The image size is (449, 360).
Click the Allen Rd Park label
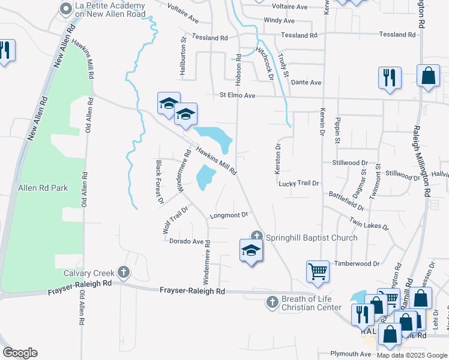[43, 188]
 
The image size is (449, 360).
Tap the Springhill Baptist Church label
[312, 238]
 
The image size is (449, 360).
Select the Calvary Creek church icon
[124, 273]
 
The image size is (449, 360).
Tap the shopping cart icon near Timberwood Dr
[318, 271]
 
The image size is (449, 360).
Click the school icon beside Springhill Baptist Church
[251, 251]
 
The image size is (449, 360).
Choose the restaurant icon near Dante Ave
[389, 77]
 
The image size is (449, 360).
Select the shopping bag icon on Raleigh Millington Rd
[428, 76]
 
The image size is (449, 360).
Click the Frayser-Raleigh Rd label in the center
[192, 291]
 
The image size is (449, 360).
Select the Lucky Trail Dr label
[298, 183]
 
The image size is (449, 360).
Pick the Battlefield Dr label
[346, 200]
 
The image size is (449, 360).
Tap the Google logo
[20, 353]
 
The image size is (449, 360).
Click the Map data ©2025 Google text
[411, 355]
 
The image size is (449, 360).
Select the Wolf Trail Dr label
[175, 220]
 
